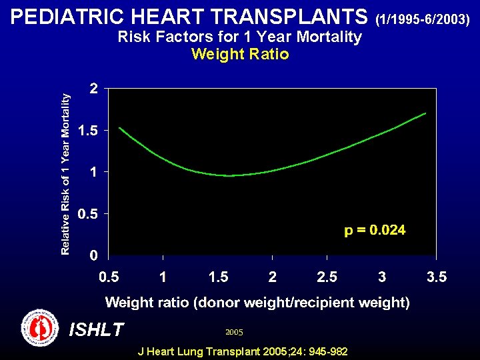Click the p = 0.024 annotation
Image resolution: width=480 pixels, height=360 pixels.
pyautogui.click(x=375, y=231)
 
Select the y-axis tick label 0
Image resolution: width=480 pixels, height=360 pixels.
pyautogui.click(x=94, y=255)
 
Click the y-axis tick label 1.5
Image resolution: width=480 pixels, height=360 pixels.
pyautogui.click(x=88, y=131)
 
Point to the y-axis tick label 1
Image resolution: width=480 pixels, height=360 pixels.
pyautogui.click(x=94, y=172)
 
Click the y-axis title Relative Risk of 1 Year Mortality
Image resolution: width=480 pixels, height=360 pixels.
pyautogui.click(x=65, y=173)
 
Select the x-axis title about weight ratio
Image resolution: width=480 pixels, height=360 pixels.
pyautogui.click(x=257, y=303)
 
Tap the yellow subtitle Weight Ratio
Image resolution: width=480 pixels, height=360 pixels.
pyautogui.click(x=240, y=55)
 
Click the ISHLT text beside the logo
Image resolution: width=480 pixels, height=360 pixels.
pyautogui.click(x=96, y=329)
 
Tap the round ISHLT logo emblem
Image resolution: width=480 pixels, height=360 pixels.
pyautogui.click(x=39, y=327)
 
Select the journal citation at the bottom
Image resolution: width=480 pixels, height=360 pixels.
pyautogui.click(x=242, y=351)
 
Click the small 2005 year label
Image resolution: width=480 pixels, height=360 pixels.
pyautogui.click(x=234, y=331)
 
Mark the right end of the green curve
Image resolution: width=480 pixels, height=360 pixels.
pyautogui.click(x=425, y=113)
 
